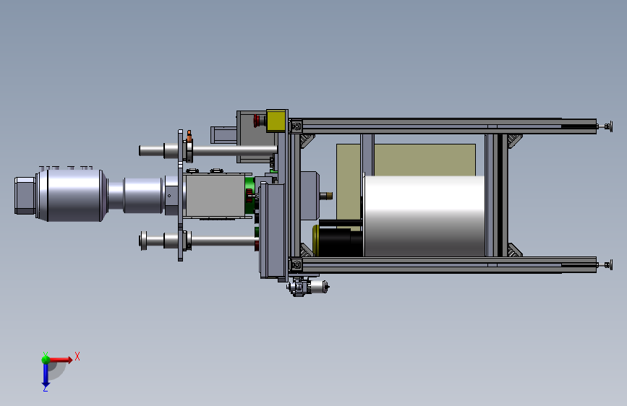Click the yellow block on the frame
pos(276,120)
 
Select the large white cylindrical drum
pos(424,215)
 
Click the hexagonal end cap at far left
pos(25,195)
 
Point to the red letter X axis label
pos(77,356)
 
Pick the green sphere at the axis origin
pos(46,359)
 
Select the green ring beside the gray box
pos(249,195)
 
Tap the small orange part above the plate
pos(189,136)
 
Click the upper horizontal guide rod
pos(208,151)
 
